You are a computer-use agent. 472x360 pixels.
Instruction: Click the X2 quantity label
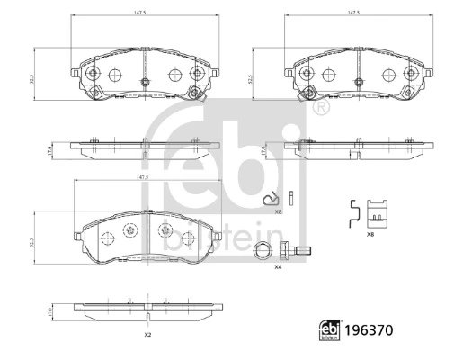pyautogui.click(x=147, y=335)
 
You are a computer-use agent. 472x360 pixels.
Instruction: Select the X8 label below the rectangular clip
pyautogui.click(x=370, y=233)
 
